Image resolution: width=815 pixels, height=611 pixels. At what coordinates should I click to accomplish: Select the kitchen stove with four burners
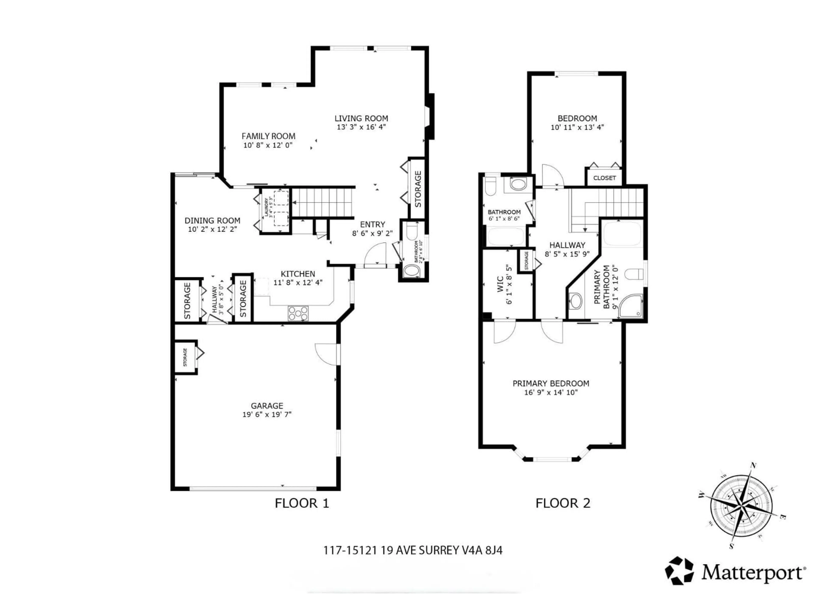[x=298, y=313]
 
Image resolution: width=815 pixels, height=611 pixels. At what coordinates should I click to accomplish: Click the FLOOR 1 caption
[x=302, y=503]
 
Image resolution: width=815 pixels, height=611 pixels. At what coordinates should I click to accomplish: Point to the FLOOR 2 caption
[x=563, y=503]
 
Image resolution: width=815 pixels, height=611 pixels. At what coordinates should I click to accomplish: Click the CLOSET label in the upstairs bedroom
[x=604, y=178]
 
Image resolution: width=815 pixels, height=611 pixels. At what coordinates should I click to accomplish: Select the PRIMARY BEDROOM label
[x=551, y=383]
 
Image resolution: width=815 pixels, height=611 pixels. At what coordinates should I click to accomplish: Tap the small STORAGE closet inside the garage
[x=185, y=357]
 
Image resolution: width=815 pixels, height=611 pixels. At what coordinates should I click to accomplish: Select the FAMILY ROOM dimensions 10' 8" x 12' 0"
[x=268, y=145]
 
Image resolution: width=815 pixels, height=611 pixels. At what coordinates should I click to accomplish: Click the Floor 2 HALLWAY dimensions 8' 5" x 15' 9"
[x=567, y=254]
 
